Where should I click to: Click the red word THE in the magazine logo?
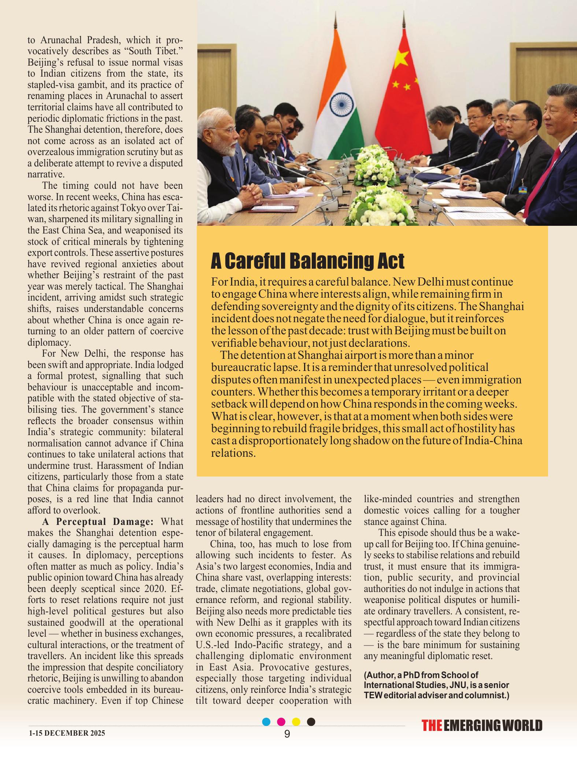click(432, 726)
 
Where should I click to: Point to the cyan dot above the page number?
click(267, 722)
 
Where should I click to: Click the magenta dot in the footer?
click(281, 722)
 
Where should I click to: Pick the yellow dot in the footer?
click(296, 722)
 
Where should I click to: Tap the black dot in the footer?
click(311, 722)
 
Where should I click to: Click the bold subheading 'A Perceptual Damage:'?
click(99, 522)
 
